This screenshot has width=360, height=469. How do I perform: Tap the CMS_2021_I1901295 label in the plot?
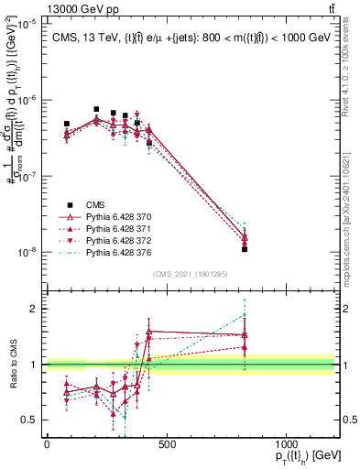pyautogui.click(x=190, y=274)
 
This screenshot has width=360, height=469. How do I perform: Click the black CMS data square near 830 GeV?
pyautogui.click(x=245, y=249)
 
